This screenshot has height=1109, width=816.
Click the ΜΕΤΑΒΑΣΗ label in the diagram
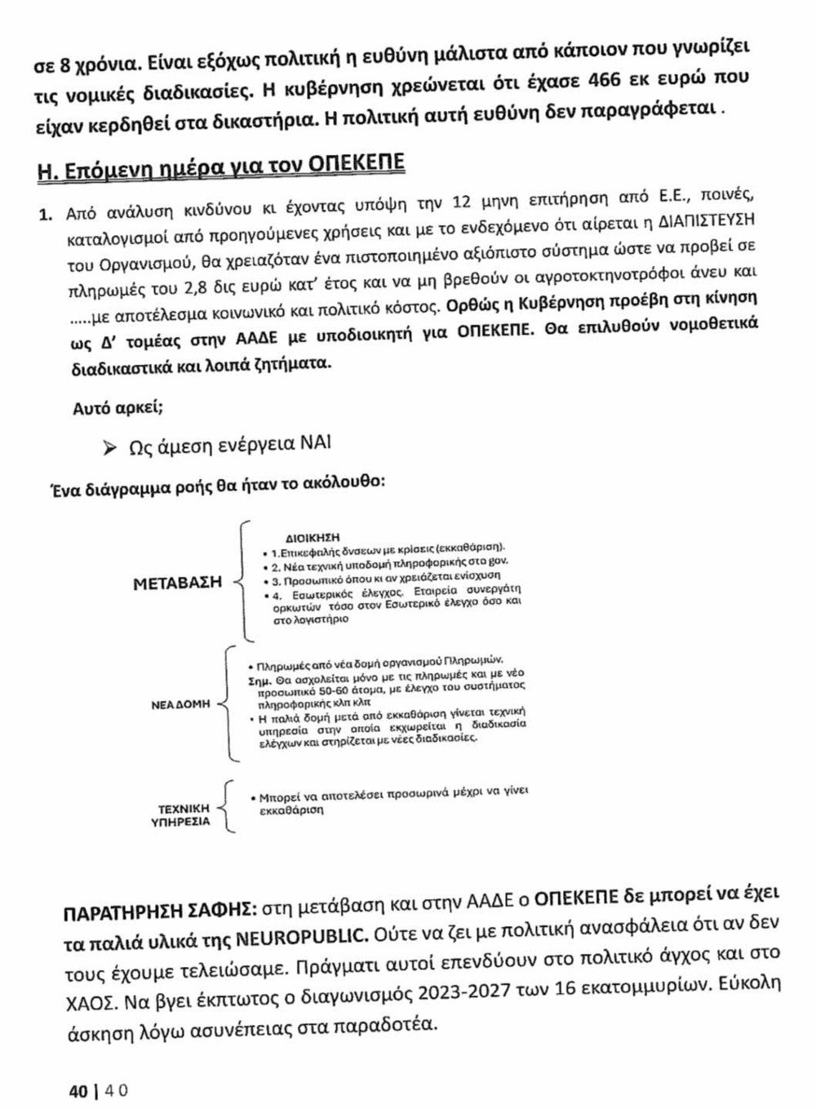[178, 583]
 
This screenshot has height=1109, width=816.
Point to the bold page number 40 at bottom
[78, 1090]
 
